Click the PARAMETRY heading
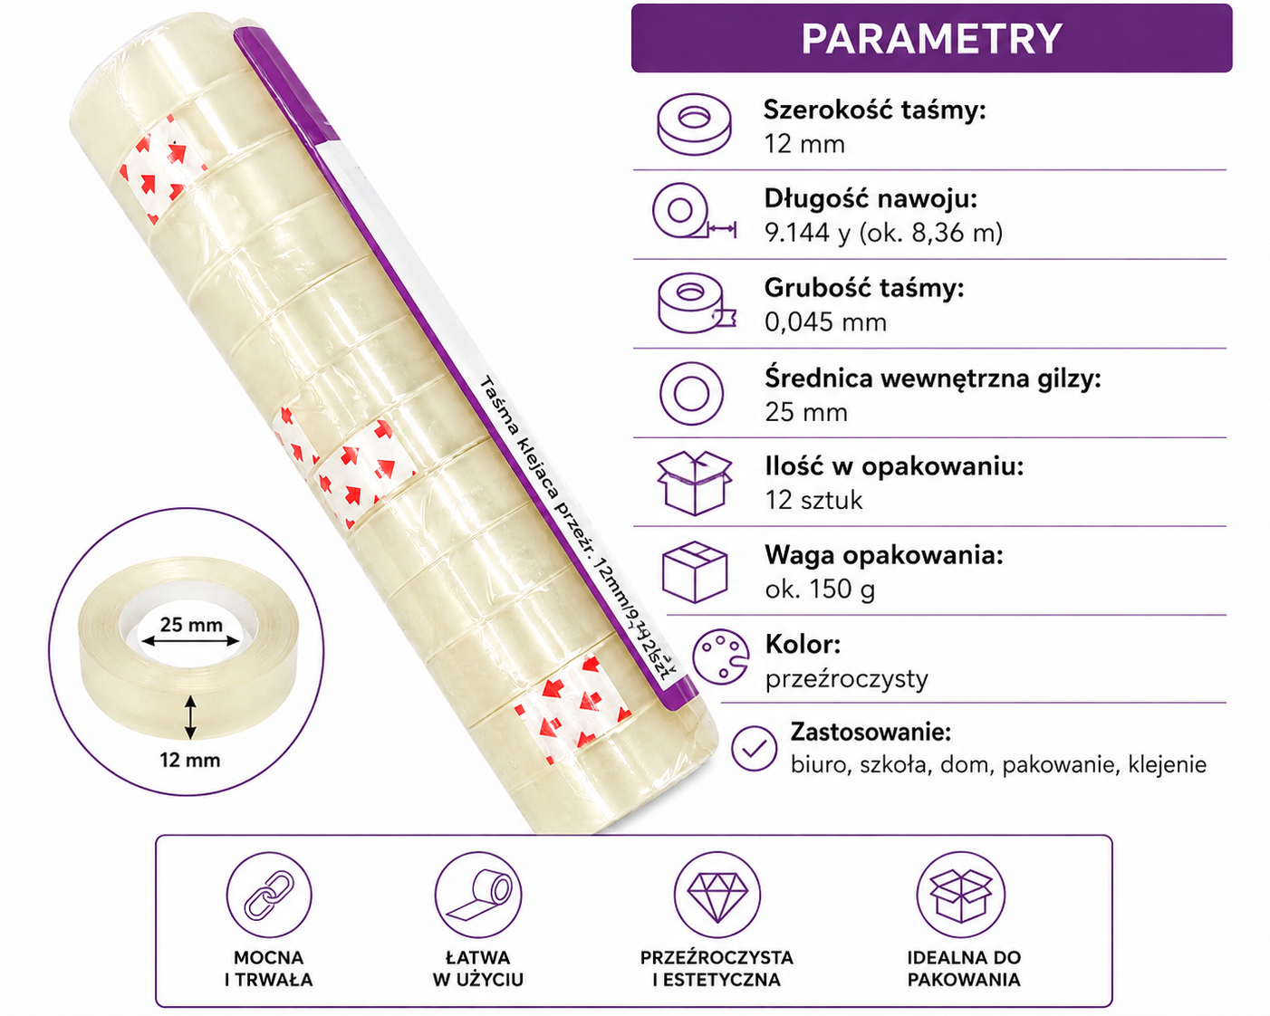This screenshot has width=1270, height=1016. click(931, 39)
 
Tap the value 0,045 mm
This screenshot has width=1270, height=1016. click(825, 322)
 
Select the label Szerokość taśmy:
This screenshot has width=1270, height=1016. click(875, 110)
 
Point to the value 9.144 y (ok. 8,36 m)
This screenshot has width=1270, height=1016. click(883, 233)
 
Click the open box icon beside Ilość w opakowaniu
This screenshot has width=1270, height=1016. click(695, 483)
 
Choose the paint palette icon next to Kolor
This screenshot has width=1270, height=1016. click(720, 657)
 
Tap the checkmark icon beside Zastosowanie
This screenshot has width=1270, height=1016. click(754, 748)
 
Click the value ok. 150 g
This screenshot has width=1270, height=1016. click(820, 589)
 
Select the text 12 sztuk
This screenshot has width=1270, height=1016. click(813, 501)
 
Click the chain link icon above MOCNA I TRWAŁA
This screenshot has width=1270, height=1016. click(269, 895)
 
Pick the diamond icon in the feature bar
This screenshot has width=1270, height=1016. click(717, 895)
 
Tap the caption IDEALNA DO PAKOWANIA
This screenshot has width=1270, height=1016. click(964, 968)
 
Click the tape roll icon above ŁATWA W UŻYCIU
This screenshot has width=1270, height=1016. click(478, 895)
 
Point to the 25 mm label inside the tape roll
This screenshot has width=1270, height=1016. click(191, 624)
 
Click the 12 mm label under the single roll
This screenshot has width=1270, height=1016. click(190, 760)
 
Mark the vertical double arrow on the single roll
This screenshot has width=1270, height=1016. click(190, 717)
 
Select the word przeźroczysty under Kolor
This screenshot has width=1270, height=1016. click(846, 679)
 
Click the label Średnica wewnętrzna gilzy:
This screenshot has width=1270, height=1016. click(933, 379)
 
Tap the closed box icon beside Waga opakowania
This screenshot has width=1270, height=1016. click(695, 571)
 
